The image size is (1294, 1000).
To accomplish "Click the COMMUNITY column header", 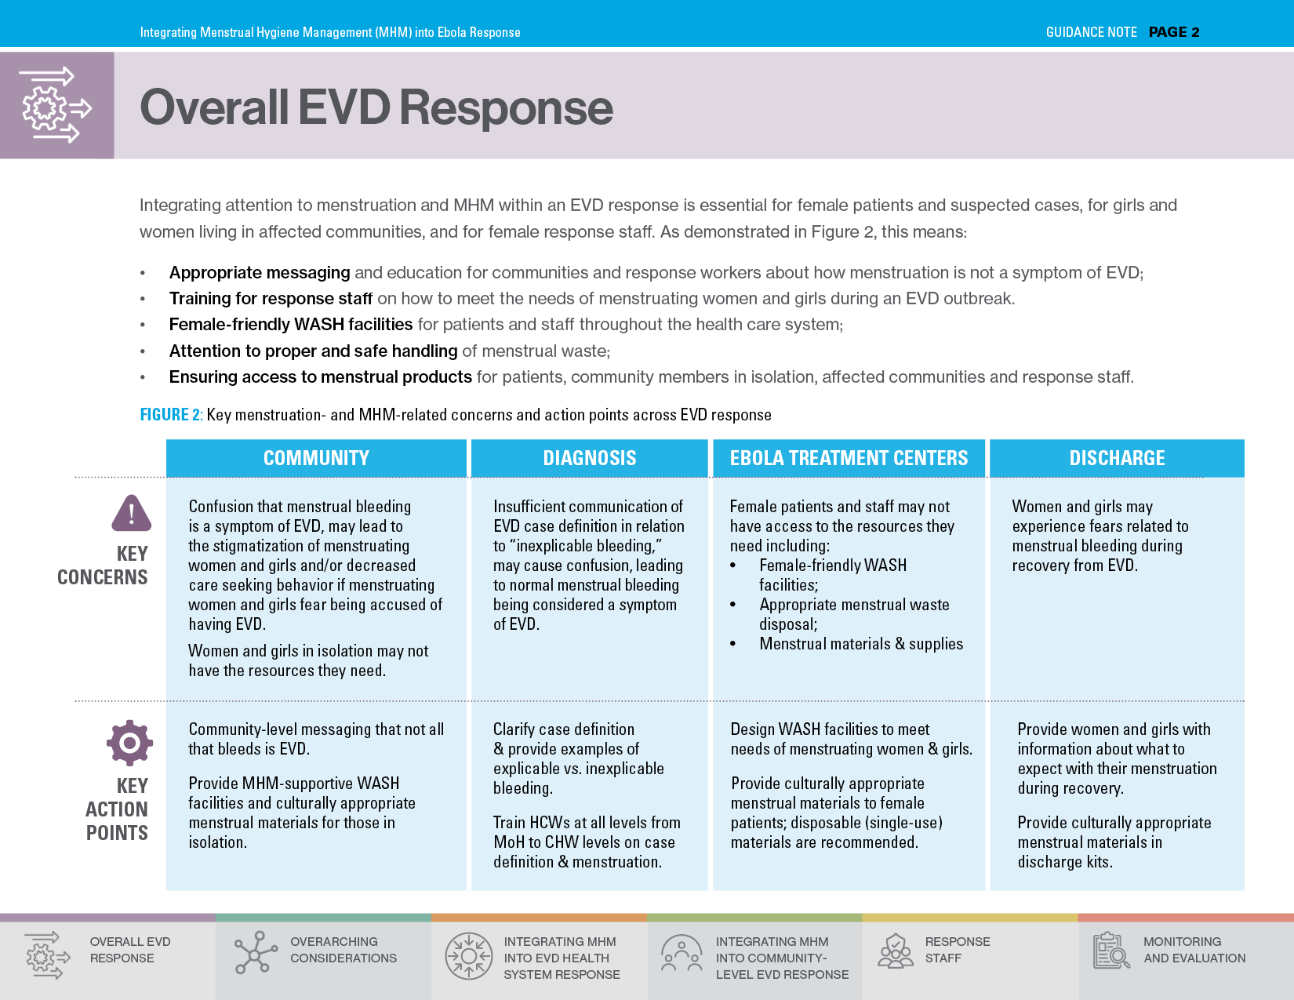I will (316, 458).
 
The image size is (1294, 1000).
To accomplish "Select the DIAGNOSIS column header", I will (590, 458).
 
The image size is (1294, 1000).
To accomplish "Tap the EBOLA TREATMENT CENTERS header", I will (849, 458).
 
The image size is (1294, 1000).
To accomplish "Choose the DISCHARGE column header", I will (1117, 458).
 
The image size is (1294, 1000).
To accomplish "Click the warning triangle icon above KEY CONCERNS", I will (131, 514).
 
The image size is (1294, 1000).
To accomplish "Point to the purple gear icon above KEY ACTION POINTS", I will (130, 743).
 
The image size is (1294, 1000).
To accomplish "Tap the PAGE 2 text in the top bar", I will (1174, 32).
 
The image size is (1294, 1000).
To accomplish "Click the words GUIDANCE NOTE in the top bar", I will (1091, 32).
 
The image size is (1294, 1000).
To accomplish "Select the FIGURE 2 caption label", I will (171, 415).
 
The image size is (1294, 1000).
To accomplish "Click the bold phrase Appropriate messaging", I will (260, 273).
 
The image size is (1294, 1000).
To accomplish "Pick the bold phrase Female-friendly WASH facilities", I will (291, 325).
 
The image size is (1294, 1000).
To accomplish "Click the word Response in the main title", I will (507, 107).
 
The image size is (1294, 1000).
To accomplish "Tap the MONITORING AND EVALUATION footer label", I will (1194, 950).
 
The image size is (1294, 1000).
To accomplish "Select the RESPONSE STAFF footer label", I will (957, 950).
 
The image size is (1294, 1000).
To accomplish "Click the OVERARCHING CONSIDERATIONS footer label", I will (343, 950).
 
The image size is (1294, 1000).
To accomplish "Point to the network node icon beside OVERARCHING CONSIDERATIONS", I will (256, 952).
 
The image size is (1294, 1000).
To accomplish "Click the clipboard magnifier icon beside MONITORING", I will (1111, 951).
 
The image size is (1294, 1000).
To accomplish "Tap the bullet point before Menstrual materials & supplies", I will (733, 644).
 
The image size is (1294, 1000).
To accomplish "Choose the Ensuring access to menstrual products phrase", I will (320, 377).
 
